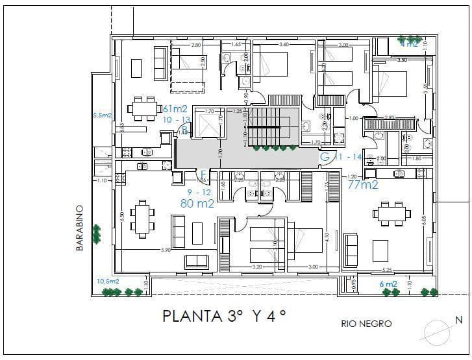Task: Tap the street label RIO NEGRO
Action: [x=366, y=324]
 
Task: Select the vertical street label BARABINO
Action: [x=80, y=228]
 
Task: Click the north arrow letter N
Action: [x=458, y=320]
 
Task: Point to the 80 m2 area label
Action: [x=197, y=203]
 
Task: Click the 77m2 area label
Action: [x=363, y=186]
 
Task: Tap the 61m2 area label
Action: [x=176, y=108]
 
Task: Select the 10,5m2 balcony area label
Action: [x=108, y=281]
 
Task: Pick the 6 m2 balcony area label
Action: [x=388, y=283]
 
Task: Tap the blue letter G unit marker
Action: [x=325, y=156]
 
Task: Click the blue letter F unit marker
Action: [x=203, y=174]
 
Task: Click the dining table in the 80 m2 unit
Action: [x=142, y=219]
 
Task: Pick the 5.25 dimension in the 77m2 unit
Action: [x=387, y=270]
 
